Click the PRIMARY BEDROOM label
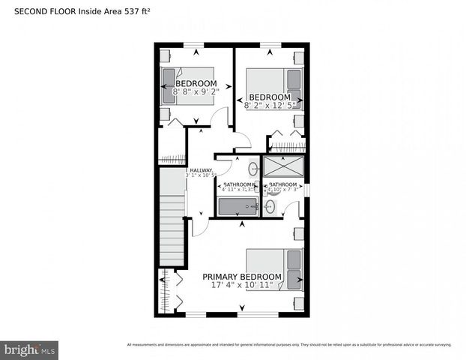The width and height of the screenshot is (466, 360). tap(243, 277)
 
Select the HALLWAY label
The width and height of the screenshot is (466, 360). tap(201, 170)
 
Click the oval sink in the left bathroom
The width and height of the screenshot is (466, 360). tap(252, 168)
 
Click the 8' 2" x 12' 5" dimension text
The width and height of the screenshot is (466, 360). tap(269, 106)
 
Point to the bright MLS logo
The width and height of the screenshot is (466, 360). tap(30, 349)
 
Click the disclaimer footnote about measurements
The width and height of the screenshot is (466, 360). tap(289, 345)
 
